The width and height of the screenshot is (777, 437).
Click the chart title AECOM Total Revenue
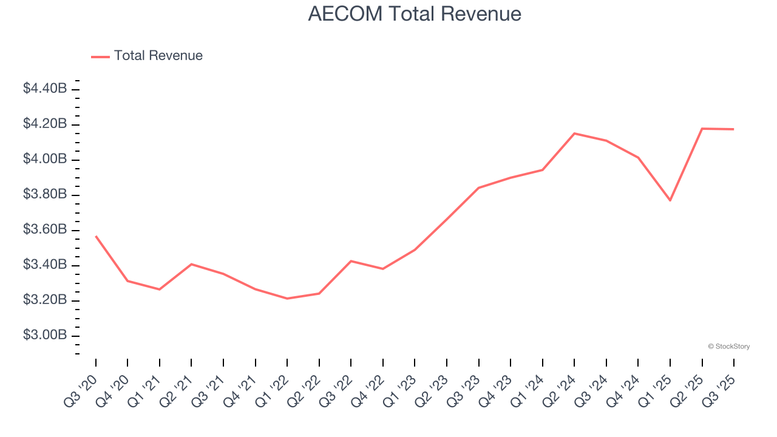click(415, 13)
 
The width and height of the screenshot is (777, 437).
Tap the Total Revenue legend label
click(158, 56)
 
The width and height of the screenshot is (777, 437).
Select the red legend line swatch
click(100, 56)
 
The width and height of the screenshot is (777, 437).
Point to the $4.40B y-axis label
click(45, 89)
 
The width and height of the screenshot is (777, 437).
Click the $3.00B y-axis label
click(45, 335)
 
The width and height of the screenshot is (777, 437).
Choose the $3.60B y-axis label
click(45, 229)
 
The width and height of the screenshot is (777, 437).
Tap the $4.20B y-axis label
click(45, 124)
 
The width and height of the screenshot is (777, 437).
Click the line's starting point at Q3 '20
click(96, 236)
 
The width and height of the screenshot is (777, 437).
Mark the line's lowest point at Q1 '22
click(287, 299)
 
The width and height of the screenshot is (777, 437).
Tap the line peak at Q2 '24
click(574, 134)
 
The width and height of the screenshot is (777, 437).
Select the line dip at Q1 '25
click(670, 200)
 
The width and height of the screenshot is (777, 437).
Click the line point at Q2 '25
click(702, 129)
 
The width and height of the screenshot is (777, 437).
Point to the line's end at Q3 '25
click(734, 129)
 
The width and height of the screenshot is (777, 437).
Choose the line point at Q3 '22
click(351, 261)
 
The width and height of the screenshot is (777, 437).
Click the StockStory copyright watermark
click(728, 347)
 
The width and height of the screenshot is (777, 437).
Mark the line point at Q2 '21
click(191, 264)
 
